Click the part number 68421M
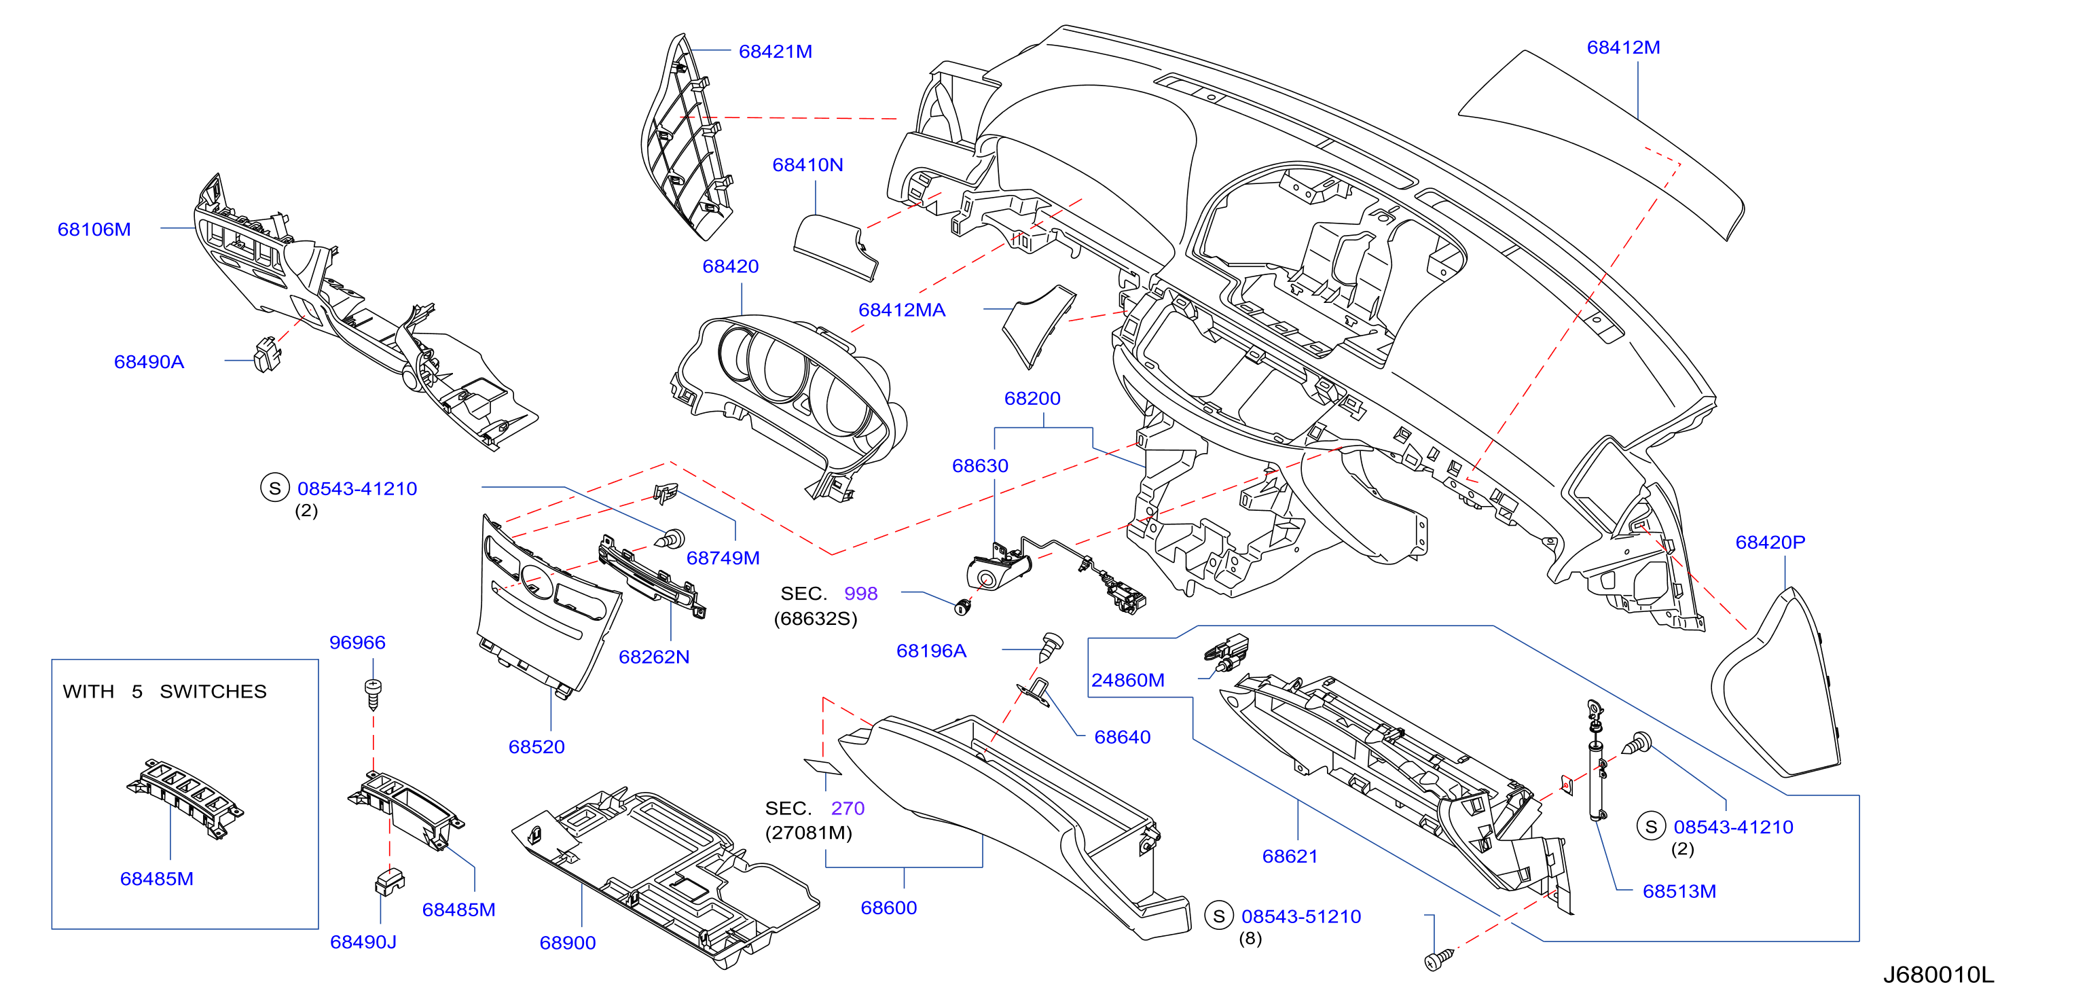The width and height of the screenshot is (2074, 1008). tap(775, 52)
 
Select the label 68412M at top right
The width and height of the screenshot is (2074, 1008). tap(1622, 48)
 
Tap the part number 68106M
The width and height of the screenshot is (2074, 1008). tap(94, 230)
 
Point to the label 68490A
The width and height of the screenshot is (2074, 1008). tap(149, 361)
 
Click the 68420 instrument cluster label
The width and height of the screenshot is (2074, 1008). tap(730, 266)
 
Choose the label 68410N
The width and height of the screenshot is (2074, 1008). tap(807, 165)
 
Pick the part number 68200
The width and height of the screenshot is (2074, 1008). tap(1032, 399)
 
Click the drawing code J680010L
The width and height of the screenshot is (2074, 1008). tap(1938, 974)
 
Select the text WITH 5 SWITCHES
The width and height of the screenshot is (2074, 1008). tap(164, 691)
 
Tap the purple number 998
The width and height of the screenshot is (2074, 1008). tap(860, 594)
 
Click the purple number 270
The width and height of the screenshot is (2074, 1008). tap(847, 808)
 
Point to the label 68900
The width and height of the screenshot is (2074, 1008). tap(568, 943)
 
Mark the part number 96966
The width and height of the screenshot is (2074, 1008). tap(357, 643)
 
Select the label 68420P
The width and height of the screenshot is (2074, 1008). tap(1770, 543)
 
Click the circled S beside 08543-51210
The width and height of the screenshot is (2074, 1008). tap(1218, 916)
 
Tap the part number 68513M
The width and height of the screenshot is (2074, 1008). tap(1679, 891)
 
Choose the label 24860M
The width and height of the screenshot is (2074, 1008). tap(1127, 681)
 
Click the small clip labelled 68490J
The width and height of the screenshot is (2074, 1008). tap(389, 882)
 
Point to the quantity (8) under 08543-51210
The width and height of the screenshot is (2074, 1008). tap(1250, 939)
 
